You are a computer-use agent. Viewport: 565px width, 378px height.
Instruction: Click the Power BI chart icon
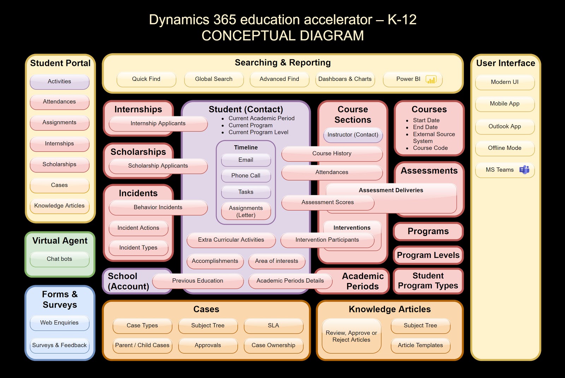(431, 79)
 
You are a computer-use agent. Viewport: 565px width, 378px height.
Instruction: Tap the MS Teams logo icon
(524, 170)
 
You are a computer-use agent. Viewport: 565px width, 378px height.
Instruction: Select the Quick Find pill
(146, 79)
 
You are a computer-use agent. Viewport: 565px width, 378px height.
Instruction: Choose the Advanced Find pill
(279, 79)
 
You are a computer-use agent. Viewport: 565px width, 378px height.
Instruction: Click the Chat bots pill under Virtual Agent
(60, 259)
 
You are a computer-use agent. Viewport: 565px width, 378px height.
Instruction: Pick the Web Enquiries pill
(60, 323)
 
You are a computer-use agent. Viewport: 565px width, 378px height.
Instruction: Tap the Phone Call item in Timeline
(246, 176)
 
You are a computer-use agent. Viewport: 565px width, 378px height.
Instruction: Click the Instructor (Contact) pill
(353, 135)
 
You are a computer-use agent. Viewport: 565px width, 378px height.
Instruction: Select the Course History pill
(332, 154)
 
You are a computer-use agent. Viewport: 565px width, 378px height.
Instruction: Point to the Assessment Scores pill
(328, 202)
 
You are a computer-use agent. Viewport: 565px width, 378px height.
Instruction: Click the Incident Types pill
(138, 248)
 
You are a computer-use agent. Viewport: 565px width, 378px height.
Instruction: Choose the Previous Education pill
(198, 281)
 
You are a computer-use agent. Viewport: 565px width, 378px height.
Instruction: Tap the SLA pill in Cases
(273, 325)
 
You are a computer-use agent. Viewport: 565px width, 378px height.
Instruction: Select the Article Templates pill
(421, 345)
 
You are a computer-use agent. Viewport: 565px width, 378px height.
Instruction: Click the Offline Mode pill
(505, 148)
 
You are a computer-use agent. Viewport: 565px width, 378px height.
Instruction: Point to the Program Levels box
(428, 255)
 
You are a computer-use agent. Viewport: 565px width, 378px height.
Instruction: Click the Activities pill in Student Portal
(60, 82)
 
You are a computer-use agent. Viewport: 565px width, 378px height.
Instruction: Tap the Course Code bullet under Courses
(430, 148)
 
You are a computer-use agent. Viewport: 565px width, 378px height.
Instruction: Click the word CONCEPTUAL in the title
(248, 36)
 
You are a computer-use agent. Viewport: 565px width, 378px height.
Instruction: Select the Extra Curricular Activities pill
(231, 240)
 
